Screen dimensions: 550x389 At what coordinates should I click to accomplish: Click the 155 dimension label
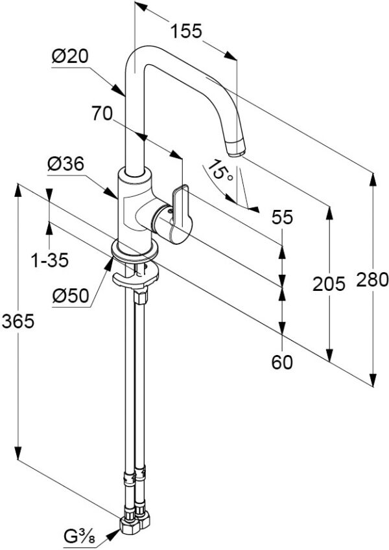(187, 30)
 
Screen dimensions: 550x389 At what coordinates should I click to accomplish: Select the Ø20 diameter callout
(69, 57)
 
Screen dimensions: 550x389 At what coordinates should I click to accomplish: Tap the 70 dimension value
(102, 115)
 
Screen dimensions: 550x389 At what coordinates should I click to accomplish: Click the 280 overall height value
(371, 280)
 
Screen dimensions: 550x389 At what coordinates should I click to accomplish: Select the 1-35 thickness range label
(51, 260)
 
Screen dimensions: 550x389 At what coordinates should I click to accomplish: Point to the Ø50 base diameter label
(69, 296)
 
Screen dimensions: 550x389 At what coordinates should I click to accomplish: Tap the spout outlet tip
(237, 146)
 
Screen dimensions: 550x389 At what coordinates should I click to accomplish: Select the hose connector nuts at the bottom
(136, 521)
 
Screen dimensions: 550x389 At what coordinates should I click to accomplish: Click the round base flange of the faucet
(134, 249)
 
